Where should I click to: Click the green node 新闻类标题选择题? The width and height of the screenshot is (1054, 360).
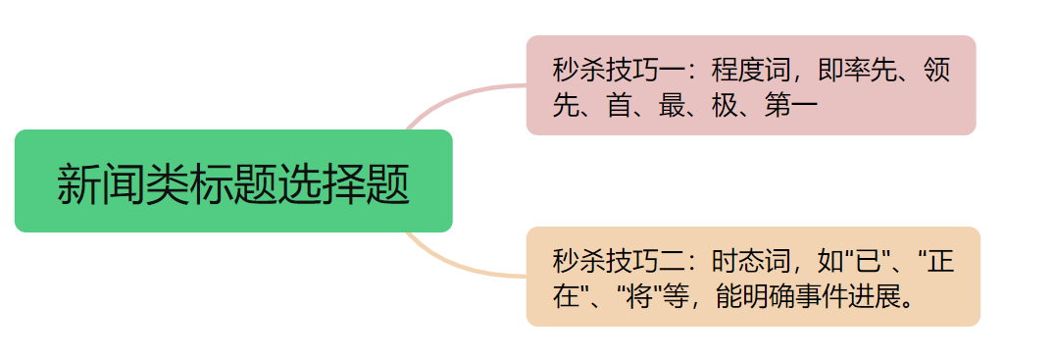point(233,181)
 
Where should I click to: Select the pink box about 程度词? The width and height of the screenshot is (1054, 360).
point(751,85)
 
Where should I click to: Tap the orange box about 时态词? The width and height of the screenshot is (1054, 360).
point(753,277)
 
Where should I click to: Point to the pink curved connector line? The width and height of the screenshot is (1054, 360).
point(461,96)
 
